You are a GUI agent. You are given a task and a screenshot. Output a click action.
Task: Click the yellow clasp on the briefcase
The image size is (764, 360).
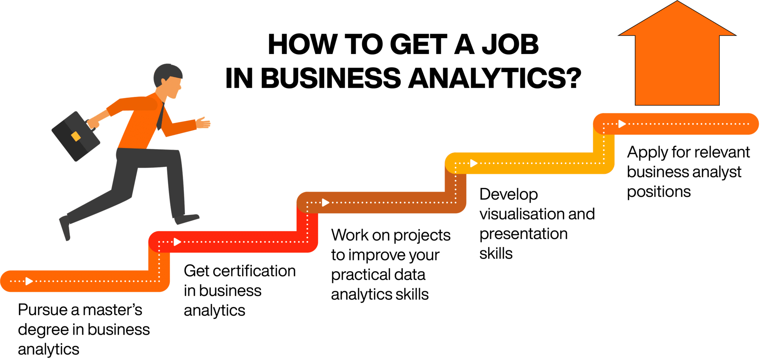pos(76,136)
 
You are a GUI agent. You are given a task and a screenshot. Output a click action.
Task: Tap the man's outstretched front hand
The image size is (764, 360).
pos(203,123)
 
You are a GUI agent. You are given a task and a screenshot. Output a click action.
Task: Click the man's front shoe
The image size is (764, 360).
pos(187,219)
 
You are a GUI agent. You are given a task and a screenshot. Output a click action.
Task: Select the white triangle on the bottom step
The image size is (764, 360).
pos(29,281)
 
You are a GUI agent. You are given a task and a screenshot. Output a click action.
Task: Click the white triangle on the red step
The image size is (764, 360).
pos(177,242)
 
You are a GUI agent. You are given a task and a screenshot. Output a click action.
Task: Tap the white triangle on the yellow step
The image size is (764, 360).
pos(473,163)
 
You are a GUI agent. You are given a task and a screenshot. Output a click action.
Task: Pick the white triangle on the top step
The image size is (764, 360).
pos(621,124)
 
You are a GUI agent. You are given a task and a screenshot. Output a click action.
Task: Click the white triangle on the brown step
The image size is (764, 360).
pos(325,203)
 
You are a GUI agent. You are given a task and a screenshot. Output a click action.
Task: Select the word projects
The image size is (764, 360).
pos(422,235)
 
